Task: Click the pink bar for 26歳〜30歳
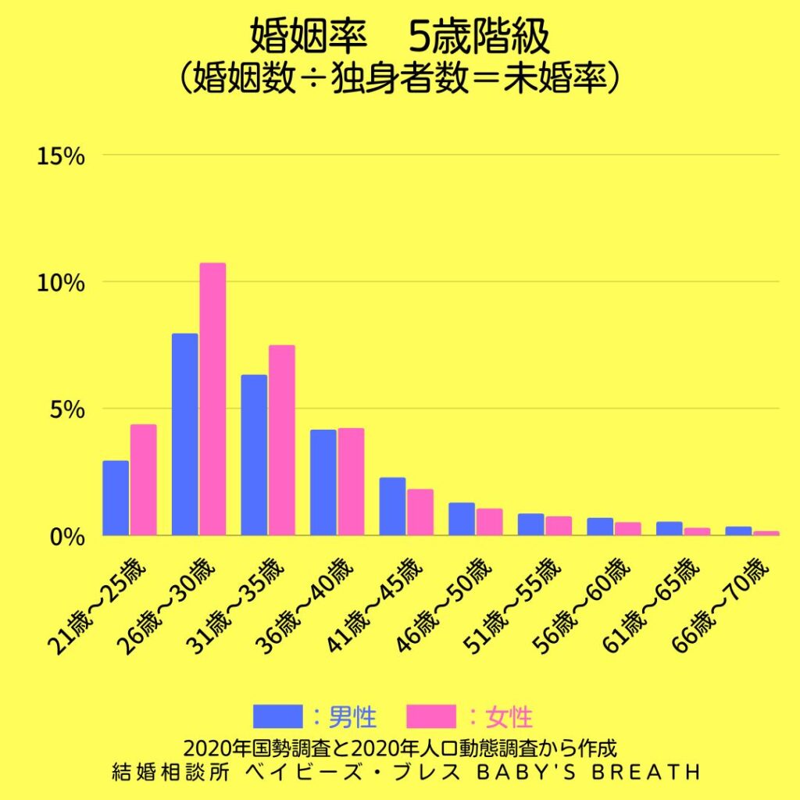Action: (x=212, y=398)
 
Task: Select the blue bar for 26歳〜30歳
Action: (x=184, y=434)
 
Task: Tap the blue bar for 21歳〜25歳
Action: (x=116, y=498)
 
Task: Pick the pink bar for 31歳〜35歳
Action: (x=281, y=440)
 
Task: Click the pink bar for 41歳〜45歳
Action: (x=420, y=512)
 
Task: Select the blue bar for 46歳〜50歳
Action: (x=461, y=519)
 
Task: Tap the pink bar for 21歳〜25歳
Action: (x=143, y=480)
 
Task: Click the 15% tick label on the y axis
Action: (x=60, y=156)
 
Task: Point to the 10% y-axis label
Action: (x=60, y=283)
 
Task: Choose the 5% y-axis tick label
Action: (x=66, y=409)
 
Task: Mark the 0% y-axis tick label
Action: (x=66, y=537)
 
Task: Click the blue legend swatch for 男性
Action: (x=277, y=715)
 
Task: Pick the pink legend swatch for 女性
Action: (x=431, y=715)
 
